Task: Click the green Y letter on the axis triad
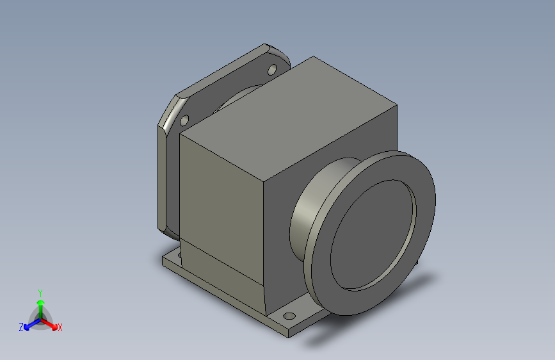(x=40, y=291)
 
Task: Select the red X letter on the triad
(x=60, y=328)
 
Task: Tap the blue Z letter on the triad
(x=21, y=327)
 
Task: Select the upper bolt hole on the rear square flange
(x=271, y=69)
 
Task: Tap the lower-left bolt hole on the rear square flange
(x=184, y=120)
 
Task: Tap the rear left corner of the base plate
(x=168, y=259)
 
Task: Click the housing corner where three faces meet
(x=264, y=181)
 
